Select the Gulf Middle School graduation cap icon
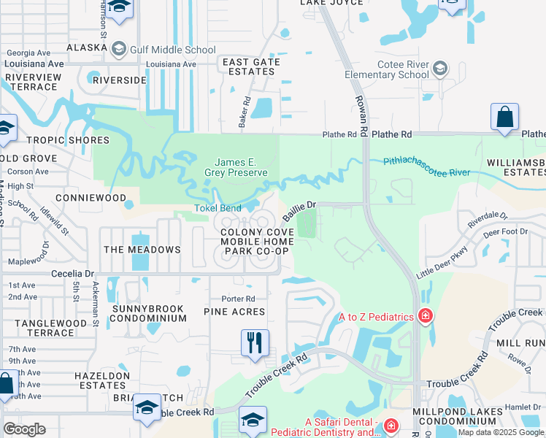click(118, 50)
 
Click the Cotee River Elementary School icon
click(440, 69)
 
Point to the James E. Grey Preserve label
click(240, 167)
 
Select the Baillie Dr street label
click(299, 208)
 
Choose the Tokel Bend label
click(217, 208)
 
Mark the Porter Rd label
click(239, 299)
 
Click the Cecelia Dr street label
click(72, 274)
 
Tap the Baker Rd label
click(245, 112)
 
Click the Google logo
click(24, 429)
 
